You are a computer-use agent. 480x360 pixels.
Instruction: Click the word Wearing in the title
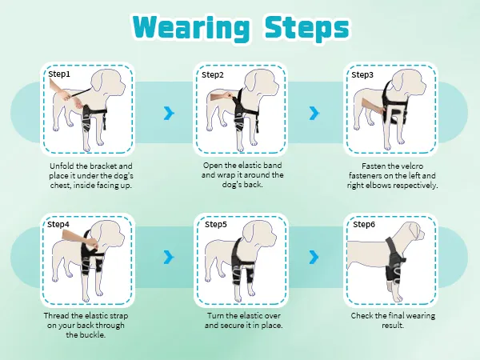click(190, 28)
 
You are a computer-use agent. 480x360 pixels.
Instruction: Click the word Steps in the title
click(307, 28)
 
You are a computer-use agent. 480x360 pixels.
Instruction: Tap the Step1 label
click(59, 74)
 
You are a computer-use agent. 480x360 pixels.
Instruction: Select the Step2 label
click(213, 74)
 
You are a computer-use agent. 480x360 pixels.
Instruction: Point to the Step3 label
click(362, 74)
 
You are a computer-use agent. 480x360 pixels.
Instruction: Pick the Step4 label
click(58, 224)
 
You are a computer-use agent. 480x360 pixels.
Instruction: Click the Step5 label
click(216, 224)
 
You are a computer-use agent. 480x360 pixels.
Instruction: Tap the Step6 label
click(364, 224)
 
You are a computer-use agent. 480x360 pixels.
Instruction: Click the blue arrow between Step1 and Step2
click(169, 114)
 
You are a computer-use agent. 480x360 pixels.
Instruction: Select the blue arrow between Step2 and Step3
click(314, 114)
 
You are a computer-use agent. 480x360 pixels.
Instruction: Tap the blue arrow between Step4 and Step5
click(169, 257)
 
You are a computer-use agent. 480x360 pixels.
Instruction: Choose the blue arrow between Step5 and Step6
click(314, 257)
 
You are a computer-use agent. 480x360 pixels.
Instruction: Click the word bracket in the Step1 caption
click(103, 166)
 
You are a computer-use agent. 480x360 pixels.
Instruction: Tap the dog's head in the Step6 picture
click(411, 233)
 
